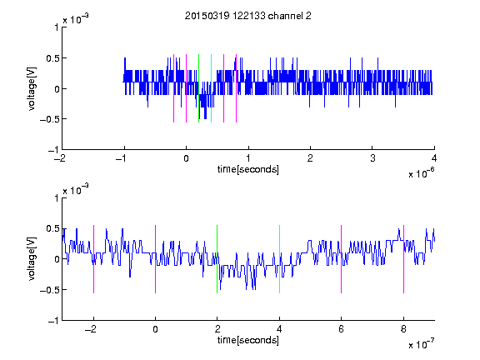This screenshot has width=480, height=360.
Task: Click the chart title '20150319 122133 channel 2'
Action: (x=248, y=16)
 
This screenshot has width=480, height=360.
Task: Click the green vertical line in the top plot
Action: (x=198, y=88)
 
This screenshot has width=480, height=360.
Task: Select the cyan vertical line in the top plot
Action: (x=211, y=88)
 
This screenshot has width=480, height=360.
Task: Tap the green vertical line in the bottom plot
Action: (x=217, y=259)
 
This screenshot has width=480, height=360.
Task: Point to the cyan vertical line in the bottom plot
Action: (x=279, y=259)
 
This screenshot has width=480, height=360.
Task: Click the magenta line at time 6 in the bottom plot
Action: (x=342, y=259)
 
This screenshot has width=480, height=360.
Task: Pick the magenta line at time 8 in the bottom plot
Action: (x=404, y=259)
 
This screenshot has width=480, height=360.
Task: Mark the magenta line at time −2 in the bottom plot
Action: (x=93, y=259)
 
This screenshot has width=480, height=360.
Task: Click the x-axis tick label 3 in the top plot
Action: (x=372, y=158)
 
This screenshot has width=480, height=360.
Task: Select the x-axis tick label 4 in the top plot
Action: (x=434, y=158)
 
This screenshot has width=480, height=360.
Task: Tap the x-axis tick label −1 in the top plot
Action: (x=122, y=158)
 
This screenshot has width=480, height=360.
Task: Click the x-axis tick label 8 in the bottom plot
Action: (x=403, y=329)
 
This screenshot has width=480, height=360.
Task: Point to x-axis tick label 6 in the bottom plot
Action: (x=342, y=329)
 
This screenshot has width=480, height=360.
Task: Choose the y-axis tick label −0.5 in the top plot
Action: (x=49, y=119)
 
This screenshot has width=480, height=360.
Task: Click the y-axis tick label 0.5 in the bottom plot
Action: (x=52, y=228)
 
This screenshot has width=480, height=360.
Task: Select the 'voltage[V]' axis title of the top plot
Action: (x=32, y=88)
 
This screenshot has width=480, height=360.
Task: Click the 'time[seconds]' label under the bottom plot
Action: (x=248, y=340)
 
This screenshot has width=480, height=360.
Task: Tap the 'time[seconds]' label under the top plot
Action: (x=248, y=169)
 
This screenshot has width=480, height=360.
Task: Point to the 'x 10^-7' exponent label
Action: (x=421, y=343)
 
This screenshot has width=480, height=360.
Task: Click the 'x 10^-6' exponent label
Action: (x=421, y=172)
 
